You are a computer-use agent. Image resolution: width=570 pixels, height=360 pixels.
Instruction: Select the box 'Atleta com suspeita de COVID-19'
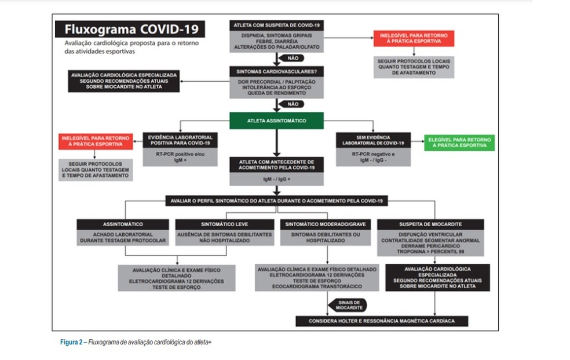coord(276,26)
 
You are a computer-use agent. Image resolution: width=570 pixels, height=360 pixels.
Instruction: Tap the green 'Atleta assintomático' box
coord(276,121)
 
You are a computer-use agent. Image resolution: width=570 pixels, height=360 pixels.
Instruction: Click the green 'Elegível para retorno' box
coord(459,143)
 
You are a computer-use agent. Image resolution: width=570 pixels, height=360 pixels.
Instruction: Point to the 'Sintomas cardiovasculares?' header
coord(276,72)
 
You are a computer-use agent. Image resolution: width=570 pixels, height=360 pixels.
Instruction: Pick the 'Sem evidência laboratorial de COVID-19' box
coord(373,140)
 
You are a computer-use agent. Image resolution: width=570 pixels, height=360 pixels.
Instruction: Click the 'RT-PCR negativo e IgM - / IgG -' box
coord(373,158)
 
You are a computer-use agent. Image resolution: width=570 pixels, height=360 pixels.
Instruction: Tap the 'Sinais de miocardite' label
coord(348,305)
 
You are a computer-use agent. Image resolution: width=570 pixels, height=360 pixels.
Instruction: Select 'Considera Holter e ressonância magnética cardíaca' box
coord(381,321)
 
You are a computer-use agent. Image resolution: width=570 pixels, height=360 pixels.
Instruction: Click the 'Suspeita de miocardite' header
coord(430,224)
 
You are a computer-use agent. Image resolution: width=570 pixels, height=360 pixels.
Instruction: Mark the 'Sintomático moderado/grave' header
coord(328,224)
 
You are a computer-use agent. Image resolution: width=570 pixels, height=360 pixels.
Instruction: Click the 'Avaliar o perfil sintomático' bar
coord(276,201)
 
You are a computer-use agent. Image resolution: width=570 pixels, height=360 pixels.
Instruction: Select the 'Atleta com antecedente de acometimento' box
coord(276,164)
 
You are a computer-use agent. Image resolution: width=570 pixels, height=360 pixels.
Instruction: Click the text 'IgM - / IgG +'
coord(276,181)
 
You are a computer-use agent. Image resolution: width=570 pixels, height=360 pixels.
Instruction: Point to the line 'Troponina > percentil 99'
coord(430,252)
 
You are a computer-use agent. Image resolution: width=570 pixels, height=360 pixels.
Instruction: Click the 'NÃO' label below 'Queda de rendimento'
coord(292,104)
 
